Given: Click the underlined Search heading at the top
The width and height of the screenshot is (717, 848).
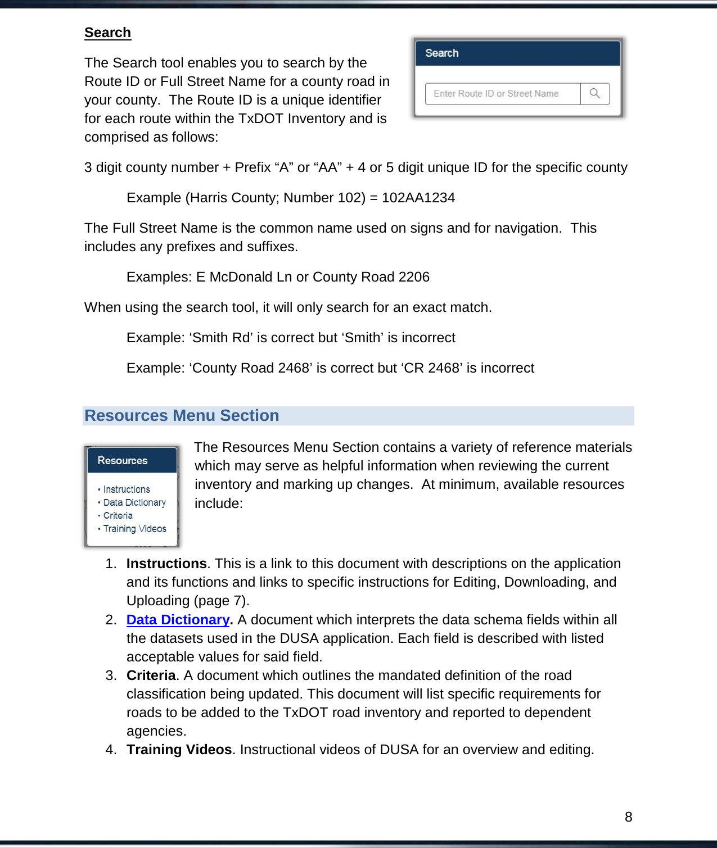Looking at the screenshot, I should [107, 33].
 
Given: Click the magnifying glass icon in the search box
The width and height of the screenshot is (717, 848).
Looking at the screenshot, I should [595, 93].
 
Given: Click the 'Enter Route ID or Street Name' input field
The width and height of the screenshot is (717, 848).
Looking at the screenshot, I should [502, 94].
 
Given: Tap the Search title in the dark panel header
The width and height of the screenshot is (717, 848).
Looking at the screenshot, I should [441, 53].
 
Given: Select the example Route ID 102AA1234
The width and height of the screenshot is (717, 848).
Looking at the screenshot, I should [418, 198].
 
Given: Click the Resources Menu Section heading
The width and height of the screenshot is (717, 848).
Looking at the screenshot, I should [182, 415].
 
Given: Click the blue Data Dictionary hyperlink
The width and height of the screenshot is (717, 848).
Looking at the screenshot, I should [178, 619].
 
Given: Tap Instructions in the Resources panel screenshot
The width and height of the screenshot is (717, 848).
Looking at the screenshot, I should [127, 489].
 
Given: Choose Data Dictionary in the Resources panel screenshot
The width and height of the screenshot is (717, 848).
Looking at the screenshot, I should [134, 502].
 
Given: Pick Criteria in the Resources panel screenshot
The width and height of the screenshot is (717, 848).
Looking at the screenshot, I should [118, 515].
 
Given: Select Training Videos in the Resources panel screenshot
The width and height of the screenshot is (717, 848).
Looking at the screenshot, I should [135, 529].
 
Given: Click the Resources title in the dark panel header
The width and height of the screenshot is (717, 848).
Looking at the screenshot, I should [122, 460].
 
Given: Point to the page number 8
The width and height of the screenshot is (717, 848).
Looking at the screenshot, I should [628, 817].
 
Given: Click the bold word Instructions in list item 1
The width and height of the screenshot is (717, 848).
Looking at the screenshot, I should [166, 564].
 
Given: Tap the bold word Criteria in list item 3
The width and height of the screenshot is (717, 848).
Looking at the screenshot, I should [151, 675].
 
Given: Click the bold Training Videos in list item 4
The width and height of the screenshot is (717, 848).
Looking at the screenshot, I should [179, 750].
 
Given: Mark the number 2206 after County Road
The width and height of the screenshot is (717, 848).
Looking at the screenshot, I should [413, 277].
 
